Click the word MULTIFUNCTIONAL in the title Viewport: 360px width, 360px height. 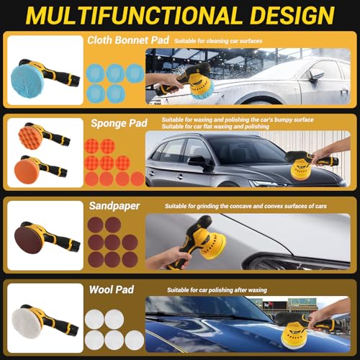tap(133, 16)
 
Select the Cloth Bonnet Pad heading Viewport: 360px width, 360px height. tap(128, 40)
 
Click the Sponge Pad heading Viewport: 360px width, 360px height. tap(119, 123)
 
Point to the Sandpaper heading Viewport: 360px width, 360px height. tap(114, 206)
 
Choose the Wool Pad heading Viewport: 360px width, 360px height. tap(112, 289)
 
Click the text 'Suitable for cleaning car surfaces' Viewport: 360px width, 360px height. tap(218, 41)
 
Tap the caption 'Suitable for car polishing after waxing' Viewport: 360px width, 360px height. tap(217, 290)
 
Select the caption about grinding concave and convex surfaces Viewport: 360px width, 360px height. tap(246, 206)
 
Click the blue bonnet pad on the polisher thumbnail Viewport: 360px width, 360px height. tap(27, 81)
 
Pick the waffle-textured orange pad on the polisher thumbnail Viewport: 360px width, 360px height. tap(30, 136)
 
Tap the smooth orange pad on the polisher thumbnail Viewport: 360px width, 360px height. tap(26, 172)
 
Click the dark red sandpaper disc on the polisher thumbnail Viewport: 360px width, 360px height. tap(28, 240)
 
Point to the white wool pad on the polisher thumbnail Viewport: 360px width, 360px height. tap(27, 323)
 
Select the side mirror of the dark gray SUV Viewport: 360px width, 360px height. tap(197, 161)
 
